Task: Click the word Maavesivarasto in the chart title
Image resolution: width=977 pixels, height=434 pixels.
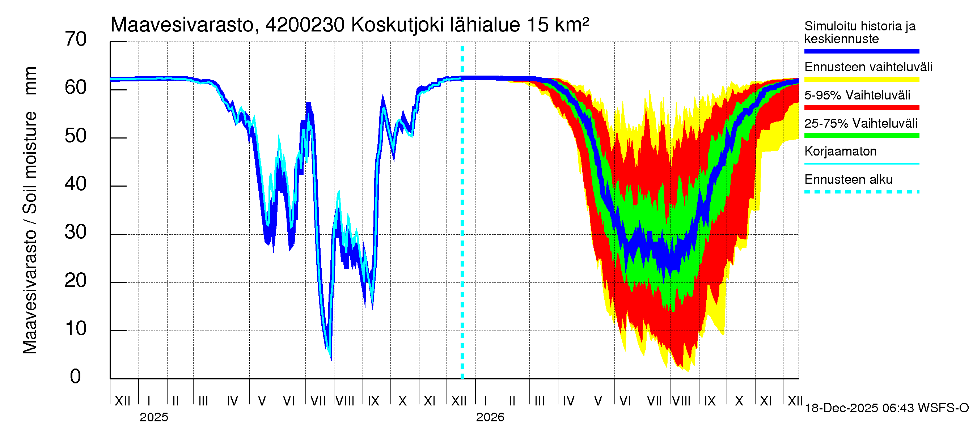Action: click(182, 25)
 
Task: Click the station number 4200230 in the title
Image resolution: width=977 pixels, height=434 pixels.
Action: click(305, 25)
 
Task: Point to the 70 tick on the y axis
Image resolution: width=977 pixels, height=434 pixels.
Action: click(76, 39)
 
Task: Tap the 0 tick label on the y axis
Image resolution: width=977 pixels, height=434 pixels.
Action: click(76, 376)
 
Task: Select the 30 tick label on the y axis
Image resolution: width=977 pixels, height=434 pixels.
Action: click(76, 232)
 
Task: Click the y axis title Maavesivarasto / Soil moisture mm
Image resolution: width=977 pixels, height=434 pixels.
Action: click(30, 210)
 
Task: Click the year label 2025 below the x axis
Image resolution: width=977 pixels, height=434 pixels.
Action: click(153, 417)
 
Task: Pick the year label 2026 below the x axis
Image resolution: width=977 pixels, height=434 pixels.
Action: click(490, 417)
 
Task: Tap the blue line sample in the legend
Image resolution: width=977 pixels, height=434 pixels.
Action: click(861, 51)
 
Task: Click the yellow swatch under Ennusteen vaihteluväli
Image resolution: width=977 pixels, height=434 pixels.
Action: click(861, 80)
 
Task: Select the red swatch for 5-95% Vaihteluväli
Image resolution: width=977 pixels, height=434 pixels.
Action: click(861, 108)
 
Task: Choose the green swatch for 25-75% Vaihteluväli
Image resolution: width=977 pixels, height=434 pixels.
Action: click(861, 136)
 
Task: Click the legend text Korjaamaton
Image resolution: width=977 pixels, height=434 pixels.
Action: click(840, 151)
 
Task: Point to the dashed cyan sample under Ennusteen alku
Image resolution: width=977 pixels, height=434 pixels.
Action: click(861, 192)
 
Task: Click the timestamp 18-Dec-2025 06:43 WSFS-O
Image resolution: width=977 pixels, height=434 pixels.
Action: click(886, 408)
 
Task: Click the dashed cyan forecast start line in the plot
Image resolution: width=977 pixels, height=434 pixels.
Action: click(462, 227)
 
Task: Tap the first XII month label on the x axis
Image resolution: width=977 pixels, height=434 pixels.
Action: click(122, 401)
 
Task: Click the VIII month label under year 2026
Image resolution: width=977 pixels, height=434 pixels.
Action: click(681, 401)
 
